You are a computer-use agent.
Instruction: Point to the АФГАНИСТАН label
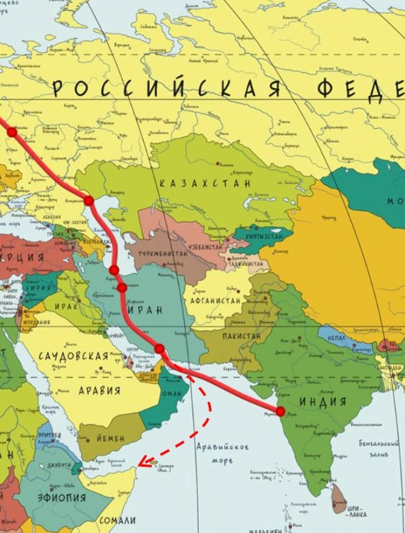click(x=216, y=301)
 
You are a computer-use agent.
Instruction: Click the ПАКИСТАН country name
click(x=242, y=336)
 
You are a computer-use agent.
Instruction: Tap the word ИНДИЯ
click(x=322, y=402)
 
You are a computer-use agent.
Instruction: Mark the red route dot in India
click(x=280, y=412)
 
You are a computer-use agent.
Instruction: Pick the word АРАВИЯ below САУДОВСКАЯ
click(x=99, y=390)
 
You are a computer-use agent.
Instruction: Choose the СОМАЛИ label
click(x=118, y=521)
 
